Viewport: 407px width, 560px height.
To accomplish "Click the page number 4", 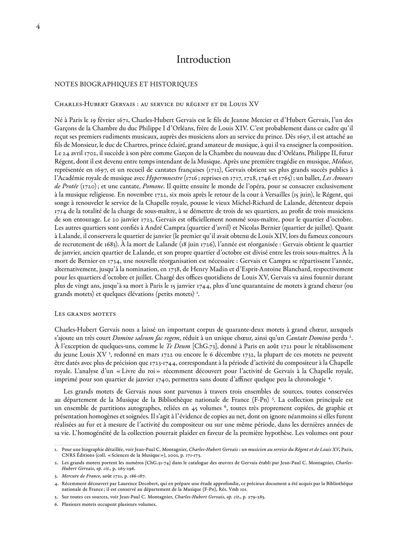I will point(38,27).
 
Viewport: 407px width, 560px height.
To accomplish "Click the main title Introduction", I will point(203,59).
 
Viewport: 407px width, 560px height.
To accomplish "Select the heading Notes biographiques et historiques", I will point(126,84).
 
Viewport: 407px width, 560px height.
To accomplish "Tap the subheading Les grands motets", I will point(85,314).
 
